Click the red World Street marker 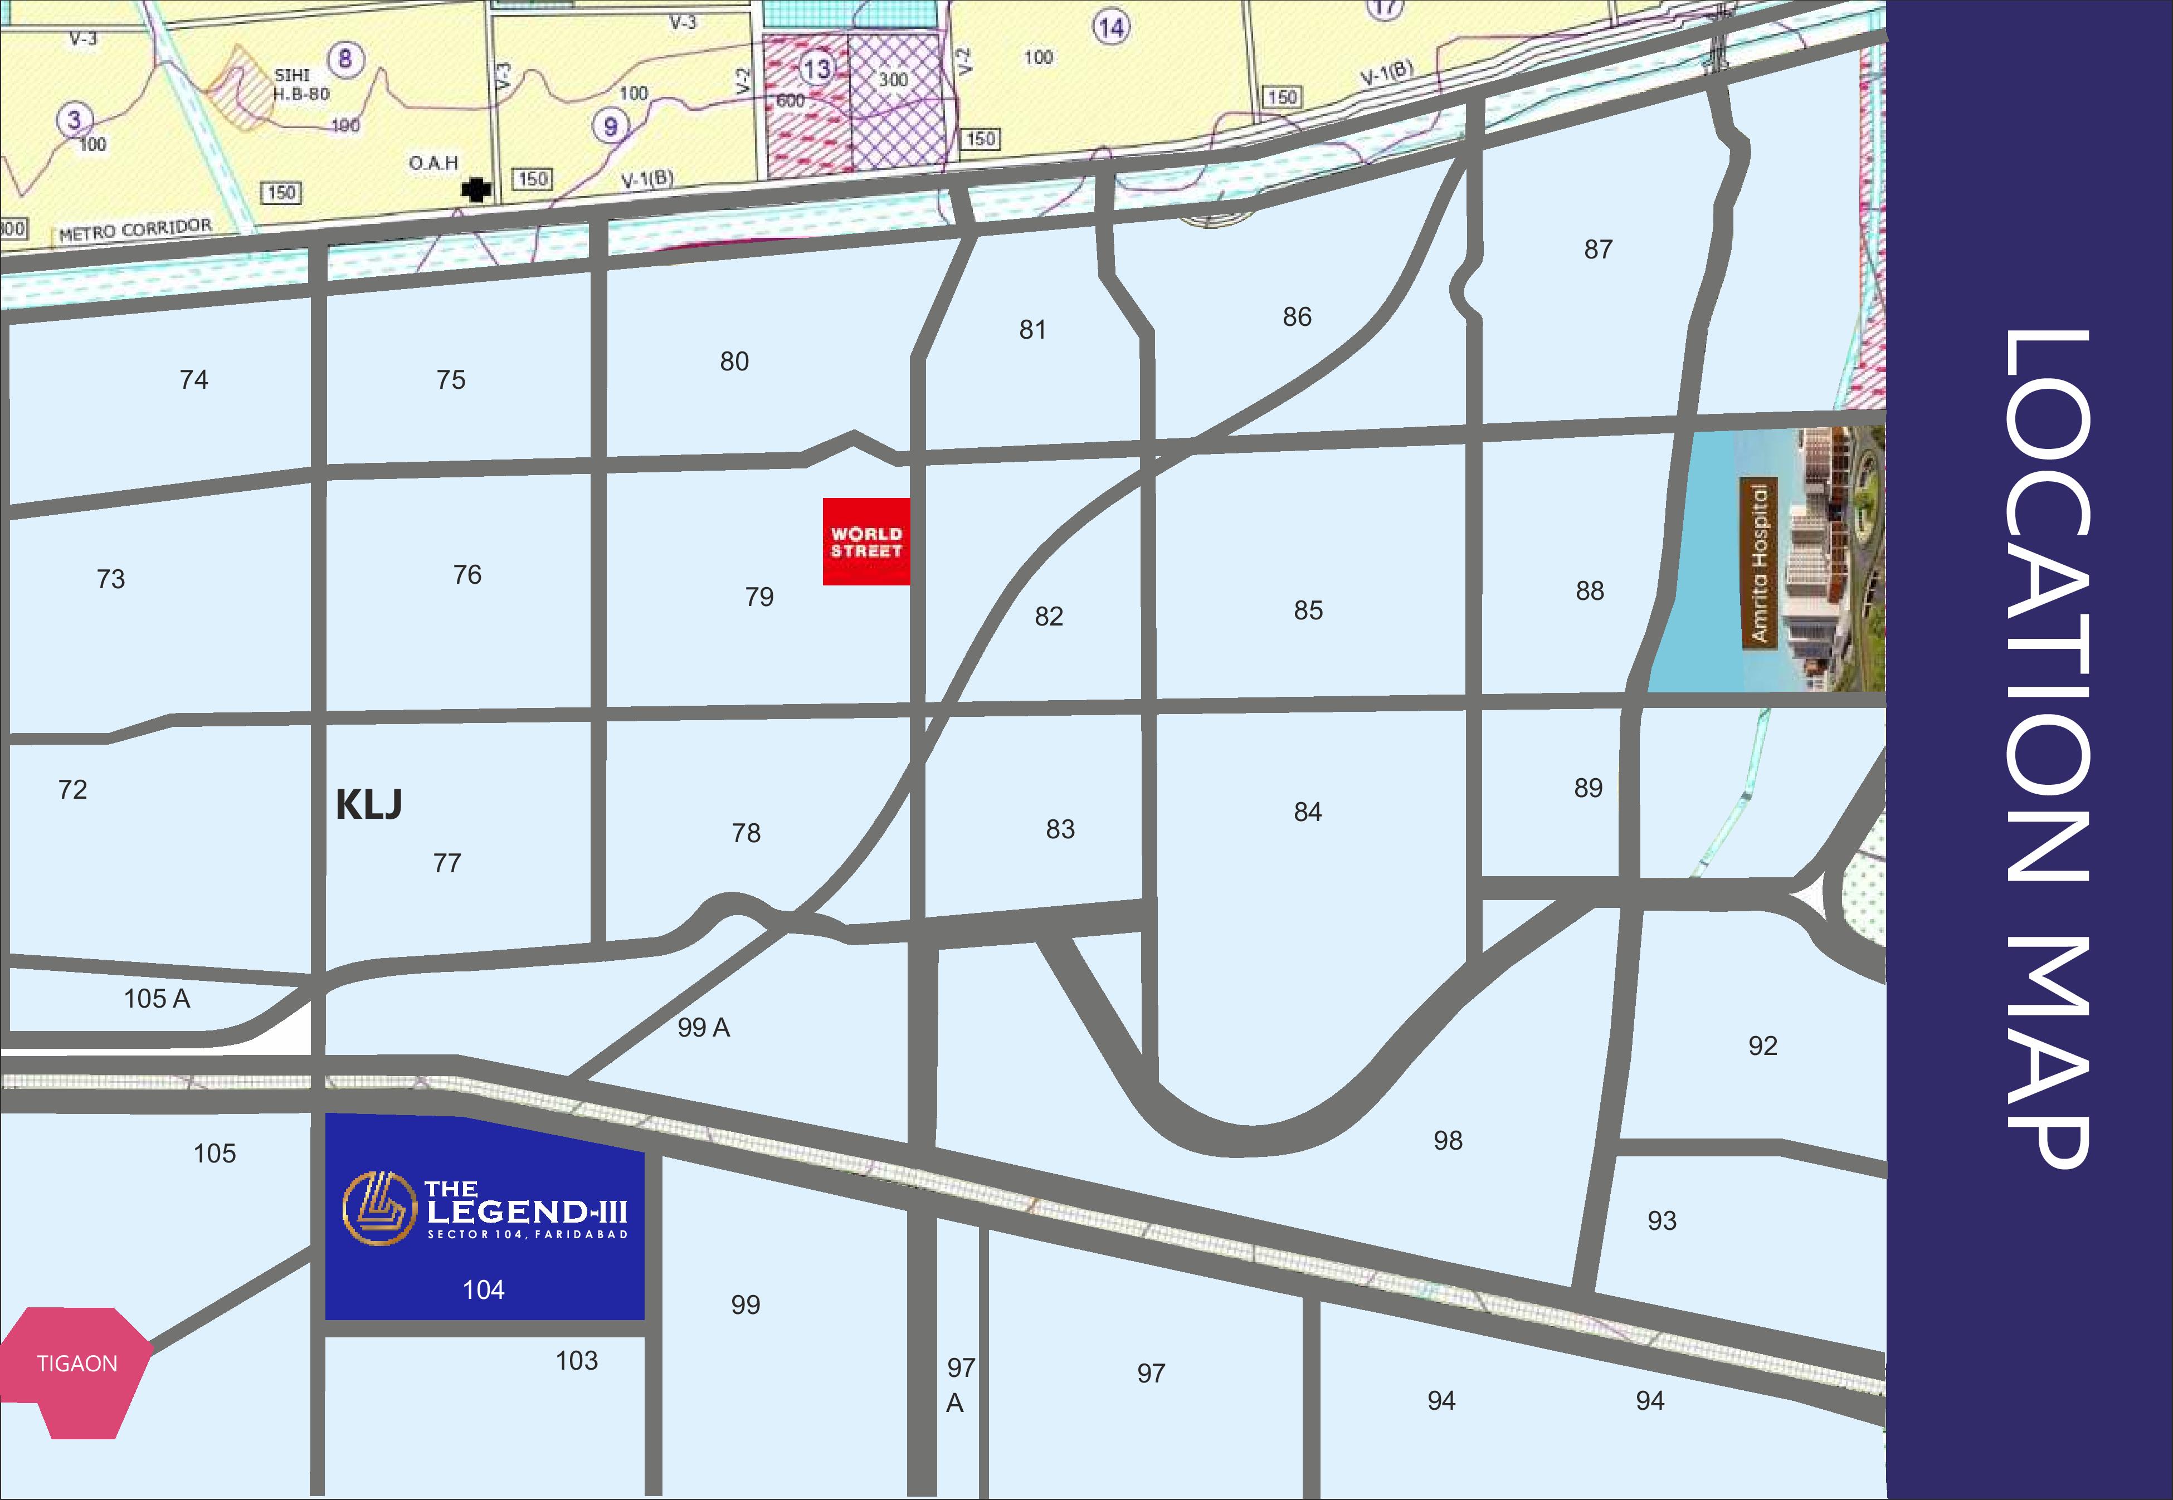pyautogui.click(x=866, y=541)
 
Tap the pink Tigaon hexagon pyautogui.click(x=75, y=1372)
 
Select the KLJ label pyautogui.click(x=368, y=804)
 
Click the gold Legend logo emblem pyautogui.click(x=379, y=1209)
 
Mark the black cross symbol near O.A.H pyautogui.click(x=476, y=190)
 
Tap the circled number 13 pyautogui.click(x=816, y=69)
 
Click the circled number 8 pyautogui.click(x=345, y=59)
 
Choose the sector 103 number pyautogui.click(x=576, y=1361)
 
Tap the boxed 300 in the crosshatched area pyautogui.click(x=893, y=80)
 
